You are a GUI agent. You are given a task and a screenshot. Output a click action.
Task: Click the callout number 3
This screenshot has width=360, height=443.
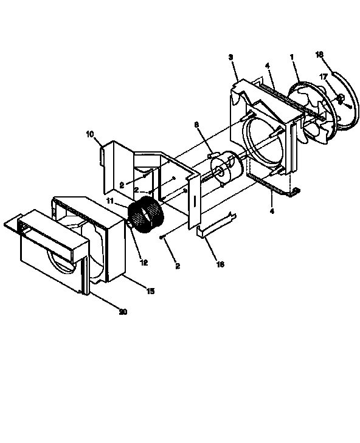tap(230, 56)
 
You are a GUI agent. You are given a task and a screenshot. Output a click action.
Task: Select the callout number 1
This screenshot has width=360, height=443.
tap(292, 57)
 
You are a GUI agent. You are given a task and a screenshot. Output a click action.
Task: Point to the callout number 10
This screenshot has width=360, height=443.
tap(89, 134)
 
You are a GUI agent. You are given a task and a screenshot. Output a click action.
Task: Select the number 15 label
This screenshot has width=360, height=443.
tap(150, 291)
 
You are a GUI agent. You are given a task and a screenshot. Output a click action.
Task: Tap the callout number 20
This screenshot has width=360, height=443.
tap(123, 312)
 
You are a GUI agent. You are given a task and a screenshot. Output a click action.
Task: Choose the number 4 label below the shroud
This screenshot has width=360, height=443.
tap(271, 211)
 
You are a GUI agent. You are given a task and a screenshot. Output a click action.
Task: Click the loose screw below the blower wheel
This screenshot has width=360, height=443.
tap(162, 238)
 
